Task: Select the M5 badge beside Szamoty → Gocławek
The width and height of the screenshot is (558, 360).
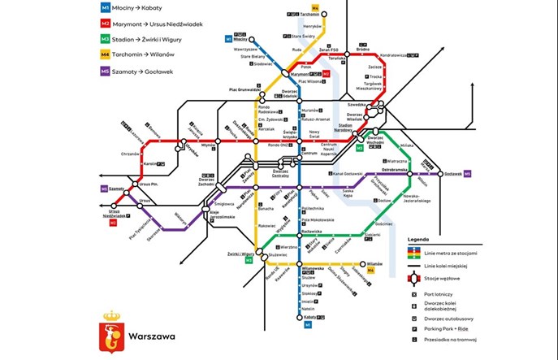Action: click(x=106, y=71)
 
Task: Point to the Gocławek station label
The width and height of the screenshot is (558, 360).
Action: click(x=452, y=173)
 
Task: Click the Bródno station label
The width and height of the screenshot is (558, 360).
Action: click(x=362, y=49)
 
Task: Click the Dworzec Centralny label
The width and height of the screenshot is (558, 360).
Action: click(x=280, y=172)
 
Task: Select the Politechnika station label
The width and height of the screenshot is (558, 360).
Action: click(x=313, y=208)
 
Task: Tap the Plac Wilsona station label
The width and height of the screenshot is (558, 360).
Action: click(x=311, y=81)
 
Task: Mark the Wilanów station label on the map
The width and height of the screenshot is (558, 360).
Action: click(x=374, y=263)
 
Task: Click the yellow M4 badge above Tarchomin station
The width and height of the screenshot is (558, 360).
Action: click(x=326, y=7)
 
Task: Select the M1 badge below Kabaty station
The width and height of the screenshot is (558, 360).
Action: click(x=306, y=326)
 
